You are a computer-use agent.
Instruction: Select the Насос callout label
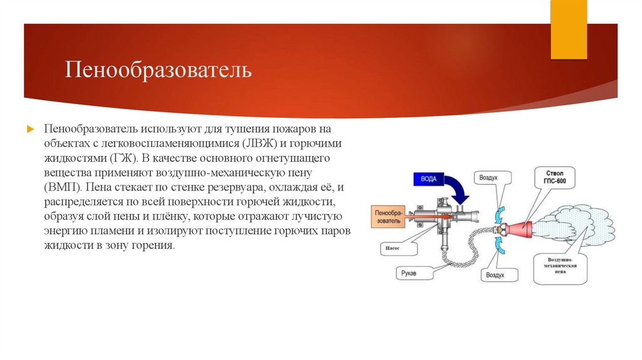391,248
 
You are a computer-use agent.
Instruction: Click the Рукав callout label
411,273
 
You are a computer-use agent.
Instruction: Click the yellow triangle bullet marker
29,129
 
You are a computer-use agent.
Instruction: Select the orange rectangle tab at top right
568,28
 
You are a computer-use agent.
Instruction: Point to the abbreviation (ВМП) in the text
63,187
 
